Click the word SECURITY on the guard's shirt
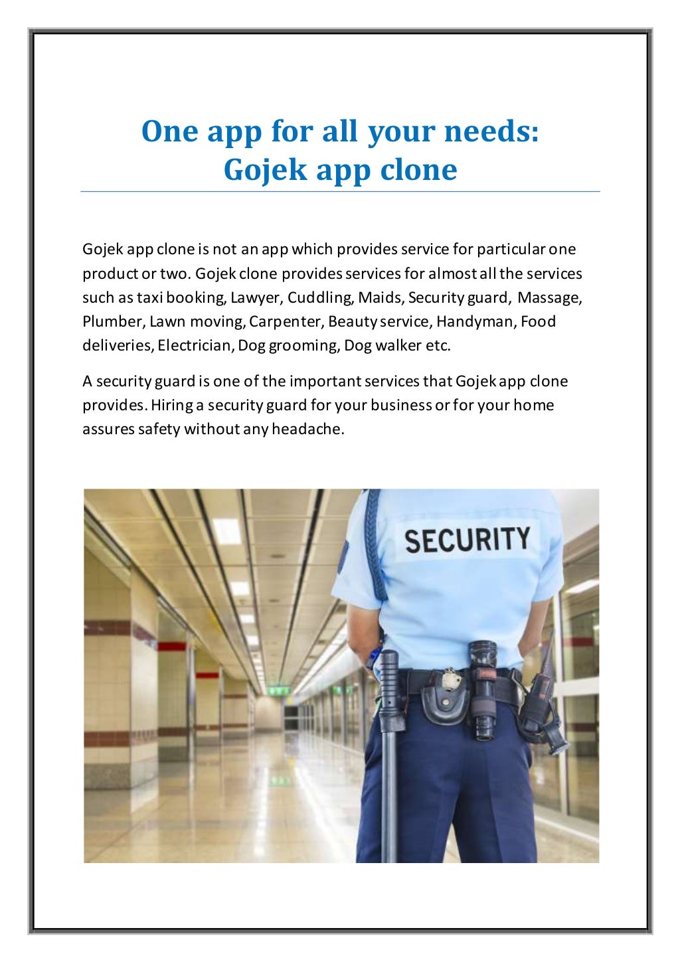coord(467,540)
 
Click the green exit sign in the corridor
coord(278,690)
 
